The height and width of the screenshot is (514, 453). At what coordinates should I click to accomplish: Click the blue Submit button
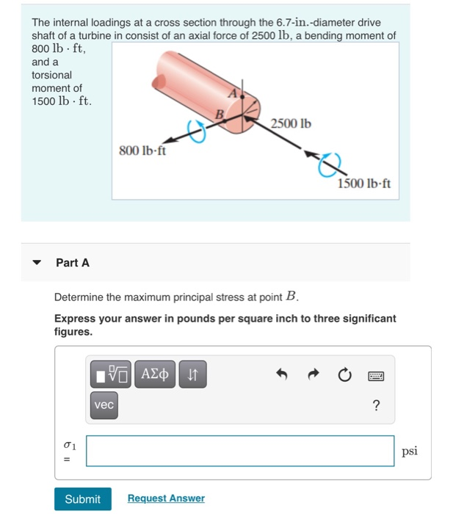coord(82,499)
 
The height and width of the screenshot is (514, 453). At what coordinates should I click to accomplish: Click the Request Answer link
coord(166,499)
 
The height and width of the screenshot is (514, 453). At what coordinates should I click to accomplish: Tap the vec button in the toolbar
coord(104,405)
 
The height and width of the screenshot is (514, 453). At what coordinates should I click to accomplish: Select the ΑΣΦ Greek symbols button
coord(154,376)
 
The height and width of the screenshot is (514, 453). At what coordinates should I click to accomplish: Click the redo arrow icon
coord(313,376)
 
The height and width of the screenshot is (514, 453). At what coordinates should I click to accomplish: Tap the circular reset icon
coord(344,376)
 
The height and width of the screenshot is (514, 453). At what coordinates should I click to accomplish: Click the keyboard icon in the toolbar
coord(376,376)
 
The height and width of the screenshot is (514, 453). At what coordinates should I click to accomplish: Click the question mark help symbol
coord(376,406)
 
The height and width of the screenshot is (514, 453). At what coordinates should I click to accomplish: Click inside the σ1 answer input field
coord(239,451)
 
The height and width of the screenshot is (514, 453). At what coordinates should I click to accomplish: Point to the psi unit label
coord(410,451)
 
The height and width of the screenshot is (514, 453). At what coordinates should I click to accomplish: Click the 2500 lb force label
coord(291,123)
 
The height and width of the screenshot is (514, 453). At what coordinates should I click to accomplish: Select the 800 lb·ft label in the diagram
coord(142,151)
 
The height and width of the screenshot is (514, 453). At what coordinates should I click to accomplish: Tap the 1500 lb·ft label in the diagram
coord(364,184)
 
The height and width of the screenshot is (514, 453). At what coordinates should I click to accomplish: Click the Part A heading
coord(73,263)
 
